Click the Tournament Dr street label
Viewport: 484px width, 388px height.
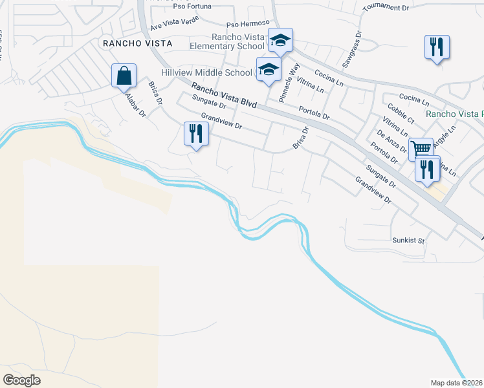coord(387,7)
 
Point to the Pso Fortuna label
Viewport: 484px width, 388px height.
coord(192,6)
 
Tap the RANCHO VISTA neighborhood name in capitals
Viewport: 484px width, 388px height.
coord(137,43)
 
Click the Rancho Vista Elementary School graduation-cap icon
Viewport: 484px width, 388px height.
coord(281,41)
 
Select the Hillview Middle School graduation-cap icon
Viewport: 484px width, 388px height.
coord(269,69)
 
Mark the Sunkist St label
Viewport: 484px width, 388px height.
coord(408,241)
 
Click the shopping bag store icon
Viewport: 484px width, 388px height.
coord(123,76)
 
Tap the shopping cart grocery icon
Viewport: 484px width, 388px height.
coord(421,149)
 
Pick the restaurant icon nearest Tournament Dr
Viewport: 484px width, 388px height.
coord(437,47)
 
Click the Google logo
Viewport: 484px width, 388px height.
coord(21,380)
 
